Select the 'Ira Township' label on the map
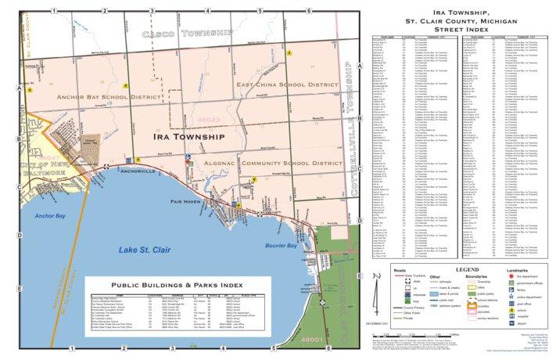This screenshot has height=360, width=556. pyautogui.click(x=187, y=136)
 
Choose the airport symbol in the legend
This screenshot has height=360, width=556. pyautogui.click(x=512, y=322)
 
